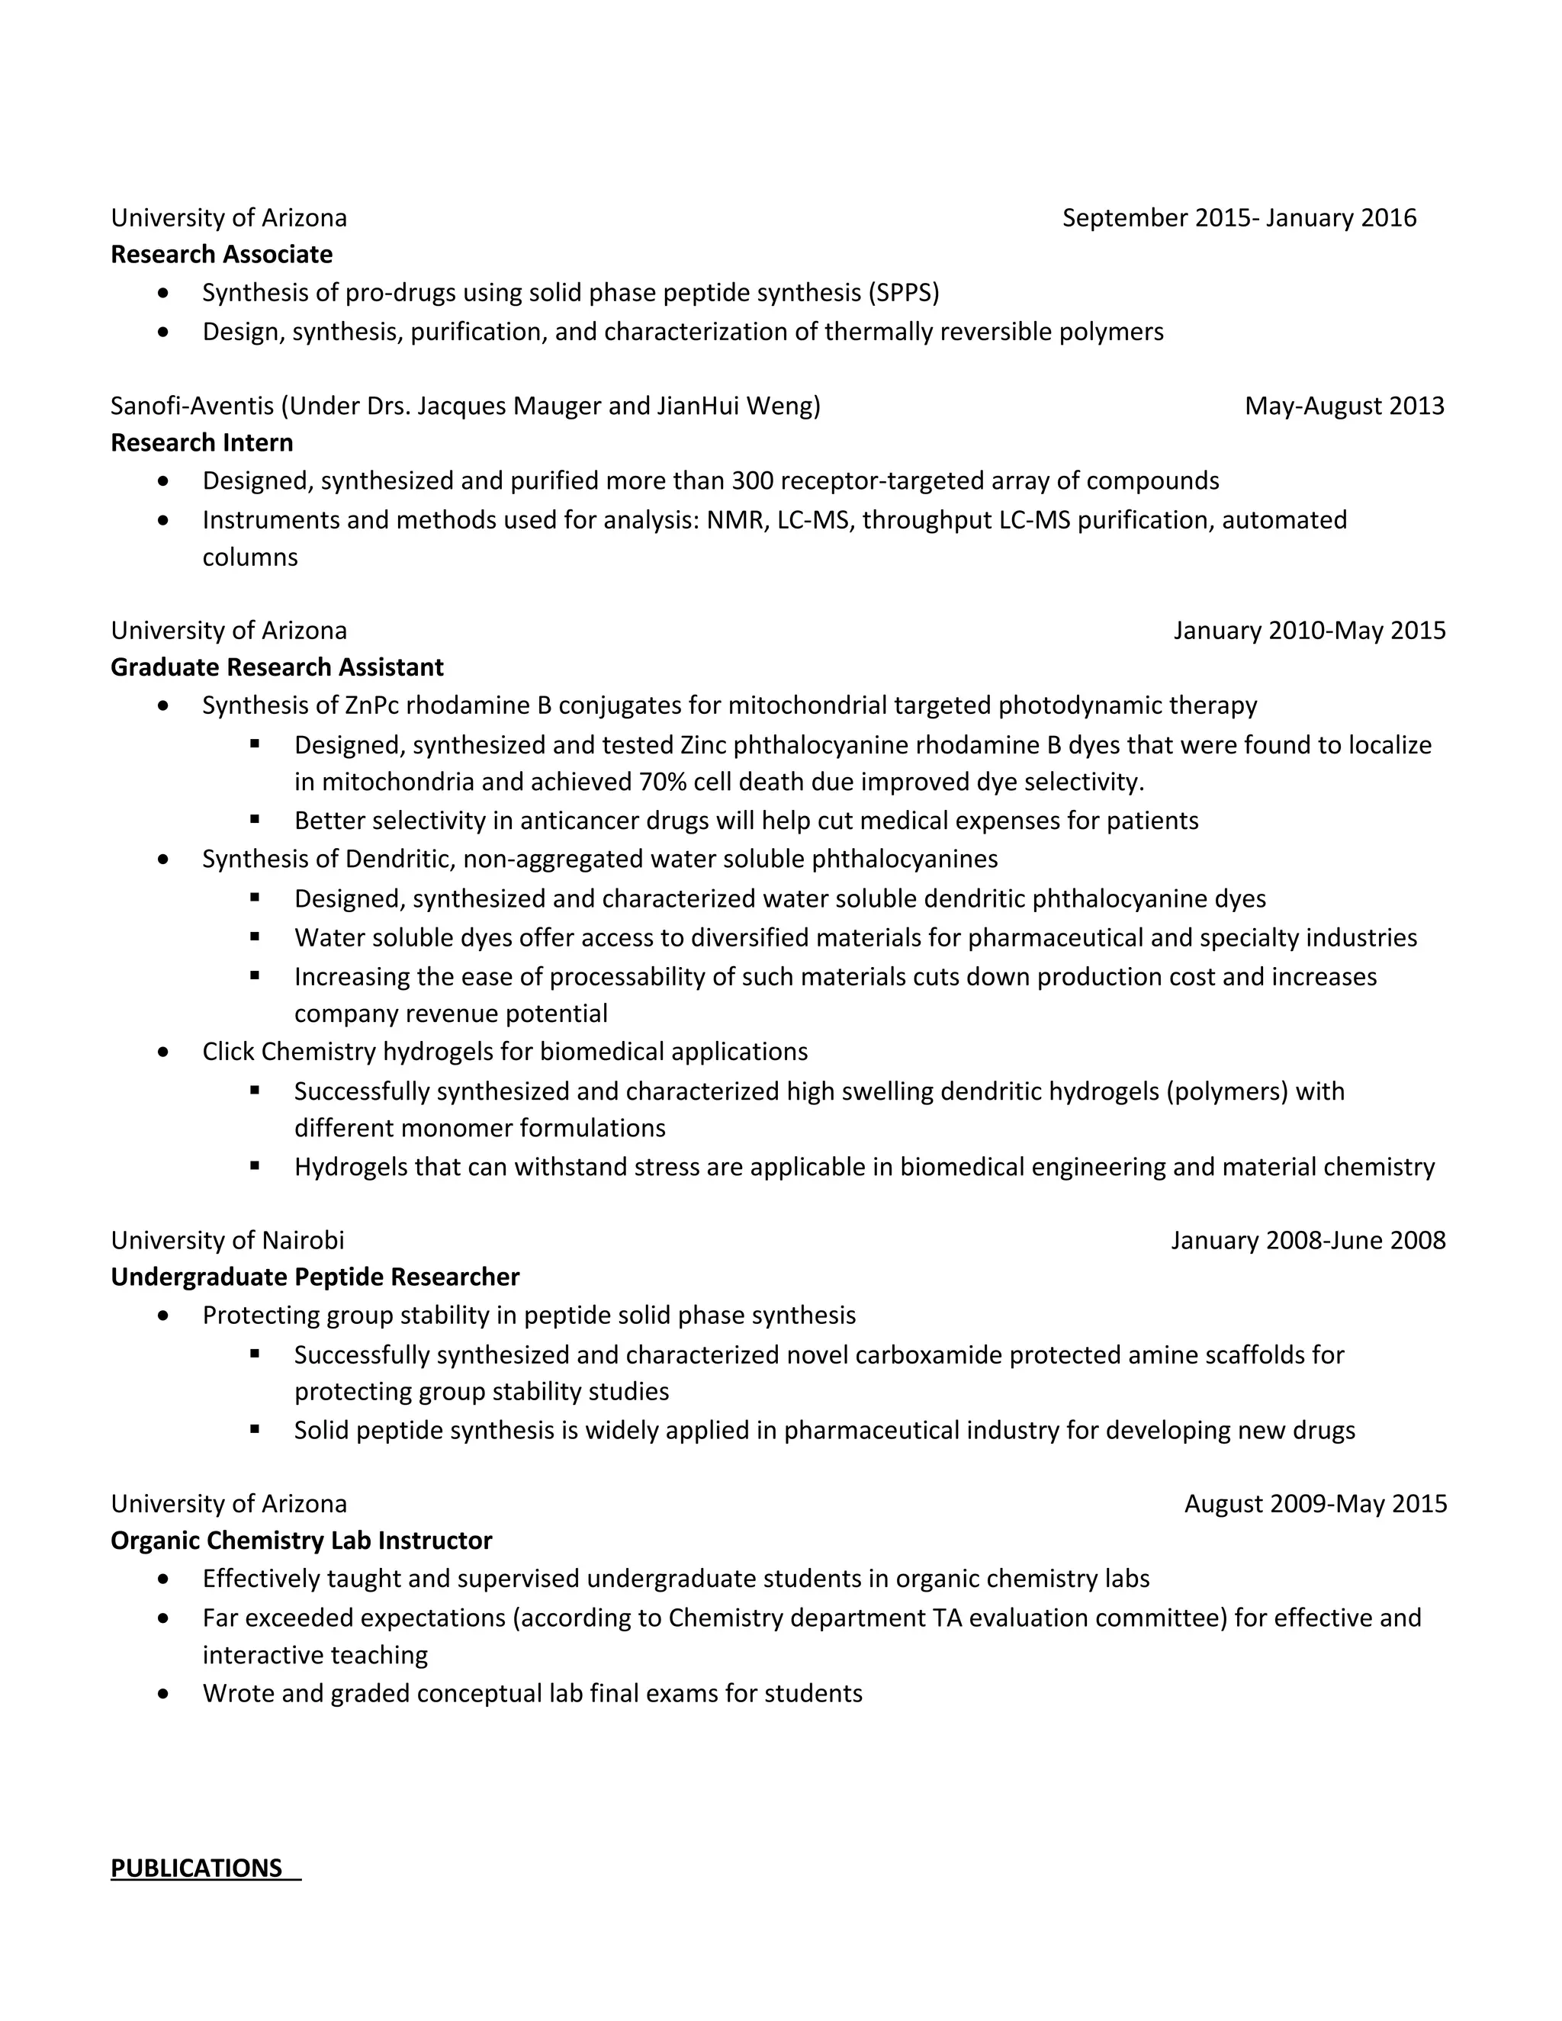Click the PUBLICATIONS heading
pos(196,1868)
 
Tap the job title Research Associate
pos(221,255)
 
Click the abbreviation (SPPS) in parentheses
pos(903,294)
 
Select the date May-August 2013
pos(1344,406)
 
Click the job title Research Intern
pos(201,443)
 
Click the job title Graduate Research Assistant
pos(277,667)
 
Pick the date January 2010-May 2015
pos(1309,631)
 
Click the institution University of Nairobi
pos(227,1241)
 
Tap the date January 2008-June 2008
pos(1307,1241)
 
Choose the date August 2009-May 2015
pos(1315,1504)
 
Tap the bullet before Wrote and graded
pos(164,1695)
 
